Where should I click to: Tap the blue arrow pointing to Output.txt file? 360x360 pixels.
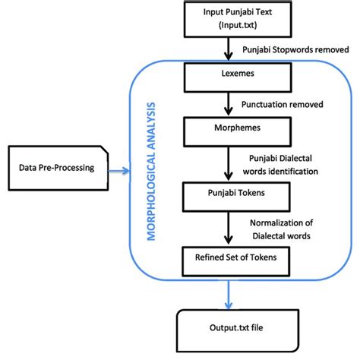tap(229, 295)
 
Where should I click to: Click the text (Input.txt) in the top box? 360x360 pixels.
tap(229, 27)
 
